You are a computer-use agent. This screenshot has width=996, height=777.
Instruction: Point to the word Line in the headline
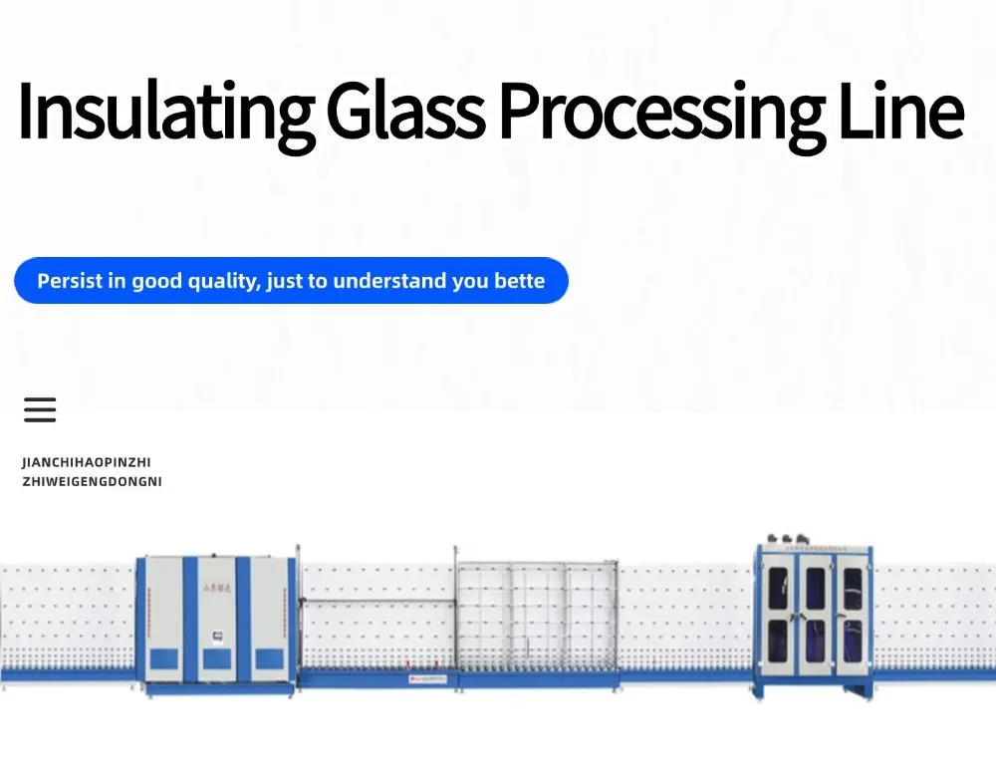tap(901, 113)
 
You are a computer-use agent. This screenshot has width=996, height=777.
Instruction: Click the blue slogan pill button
tap(291, 281)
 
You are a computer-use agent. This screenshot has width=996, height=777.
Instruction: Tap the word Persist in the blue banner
tap(70, 281)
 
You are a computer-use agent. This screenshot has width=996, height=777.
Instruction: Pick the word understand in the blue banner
tap(389, 281)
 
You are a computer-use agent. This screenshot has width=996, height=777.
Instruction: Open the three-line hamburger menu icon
tap(40, 409)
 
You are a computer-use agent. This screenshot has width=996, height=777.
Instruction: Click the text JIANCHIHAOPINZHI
tap(87, 462)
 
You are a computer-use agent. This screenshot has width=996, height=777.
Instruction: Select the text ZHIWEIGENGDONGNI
tap(92, 482)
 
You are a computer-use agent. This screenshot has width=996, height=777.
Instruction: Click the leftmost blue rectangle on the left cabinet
tap(165, 658)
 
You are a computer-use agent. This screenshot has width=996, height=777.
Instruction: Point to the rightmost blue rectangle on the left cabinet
tap(269, 658)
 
